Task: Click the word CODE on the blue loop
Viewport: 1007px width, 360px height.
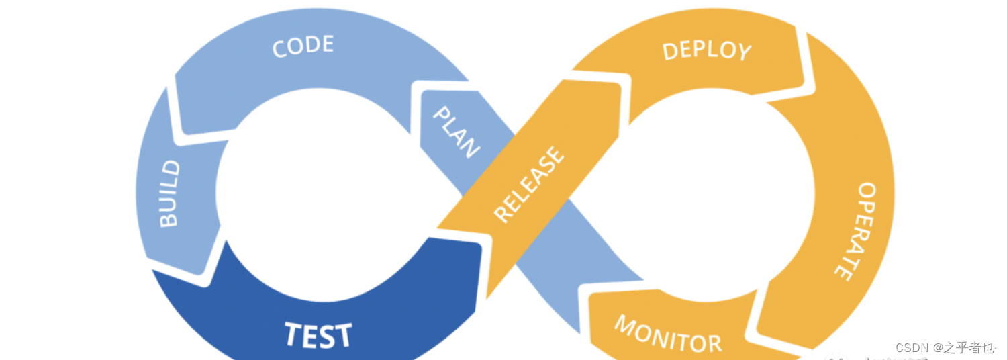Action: coord(303,46)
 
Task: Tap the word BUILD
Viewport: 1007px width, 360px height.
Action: coord(169,193)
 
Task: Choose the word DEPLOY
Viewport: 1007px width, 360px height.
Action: coord(706,51)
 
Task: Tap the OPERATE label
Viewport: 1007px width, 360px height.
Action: coord(855,230)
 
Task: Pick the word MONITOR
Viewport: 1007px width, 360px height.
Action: coord(667,334)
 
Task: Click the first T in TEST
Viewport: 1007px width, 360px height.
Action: coord(293,334)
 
